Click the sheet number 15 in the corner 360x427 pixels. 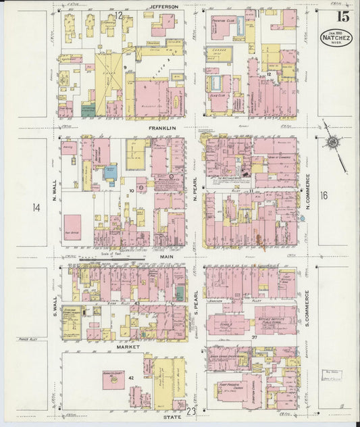[x=336, y=16]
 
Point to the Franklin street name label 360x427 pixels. [x=163, y=127]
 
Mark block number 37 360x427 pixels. [x=254, y=336]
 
